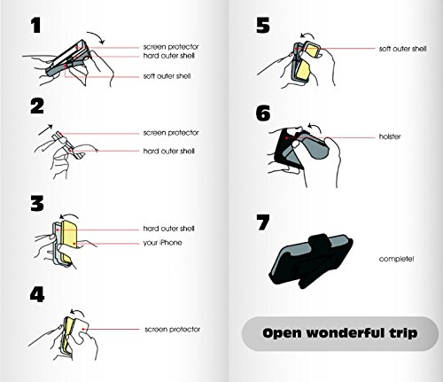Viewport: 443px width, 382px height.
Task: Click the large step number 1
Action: tap(36, 26)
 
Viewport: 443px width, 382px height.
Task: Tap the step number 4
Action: tap(37, 294)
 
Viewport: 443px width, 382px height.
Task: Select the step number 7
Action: tap(263, 222)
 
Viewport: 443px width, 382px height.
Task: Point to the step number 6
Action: tap(263, 113)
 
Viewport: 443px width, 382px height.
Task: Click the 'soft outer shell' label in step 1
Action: tap(167, 76)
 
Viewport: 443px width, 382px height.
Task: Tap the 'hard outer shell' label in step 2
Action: tap(169, 152)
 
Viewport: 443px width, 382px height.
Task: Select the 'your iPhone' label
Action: tap(162, 243)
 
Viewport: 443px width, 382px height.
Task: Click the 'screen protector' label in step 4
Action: tap(173, 329)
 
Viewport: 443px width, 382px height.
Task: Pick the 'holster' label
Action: tap(390, 136)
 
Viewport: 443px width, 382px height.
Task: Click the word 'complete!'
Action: tap(396, 259)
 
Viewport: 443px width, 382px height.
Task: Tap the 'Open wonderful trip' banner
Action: tap(340, 333)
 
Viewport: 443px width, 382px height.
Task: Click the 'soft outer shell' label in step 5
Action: tap(403, 49)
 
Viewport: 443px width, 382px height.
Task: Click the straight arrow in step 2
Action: tap(45, 130)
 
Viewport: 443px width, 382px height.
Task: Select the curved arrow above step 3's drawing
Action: tap(70, 215)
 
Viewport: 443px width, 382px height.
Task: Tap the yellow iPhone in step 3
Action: tap(69, 240)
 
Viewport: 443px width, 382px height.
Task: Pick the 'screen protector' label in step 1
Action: tap(171, 47)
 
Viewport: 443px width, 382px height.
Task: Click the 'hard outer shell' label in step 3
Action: tap(169, 229)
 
